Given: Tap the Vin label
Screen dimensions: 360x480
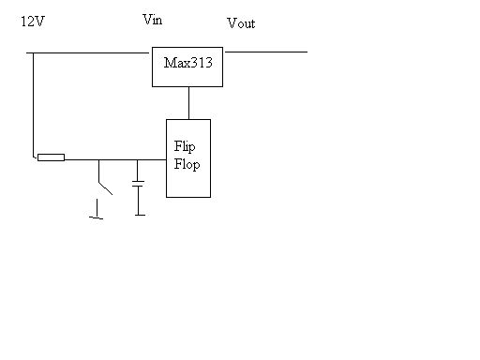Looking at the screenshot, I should [x=152, y=20].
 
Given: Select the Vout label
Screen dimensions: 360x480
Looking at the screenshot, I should [x=241, y=23].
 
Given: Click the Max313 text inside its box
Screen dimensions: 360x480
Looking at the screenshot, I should [x=188, y=62].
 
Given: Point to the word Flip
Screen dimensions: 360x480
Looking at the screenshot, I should [x=184, y=147].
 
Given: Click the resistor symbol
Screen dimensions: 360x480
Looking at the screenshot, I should [x=51, y=157].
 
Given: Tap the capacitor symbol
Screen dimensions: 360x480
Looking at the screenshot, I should [x=139, y=183].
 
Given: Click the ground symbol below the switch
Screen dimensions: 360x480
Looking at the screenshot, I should [x=96, y=217].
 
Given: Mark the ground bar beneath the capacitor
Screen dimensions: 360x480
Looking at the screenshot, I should [x=140, y=215].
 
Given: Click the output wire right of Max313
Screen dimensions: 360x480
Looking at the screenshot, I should [x=266, y=52].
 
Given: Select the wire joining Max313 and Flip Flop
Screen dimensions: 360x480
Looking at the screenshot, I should [x=188, y=103].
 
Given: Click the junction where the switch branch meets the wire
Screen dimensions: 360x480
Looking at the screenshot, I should [x=98, y=157].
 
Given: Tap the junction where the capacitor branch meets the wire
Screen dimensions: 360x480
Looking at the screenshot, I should [x=139, y=157].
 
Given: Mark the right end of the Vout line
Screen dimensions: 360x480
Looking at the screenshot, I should [x=306, y=52].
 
